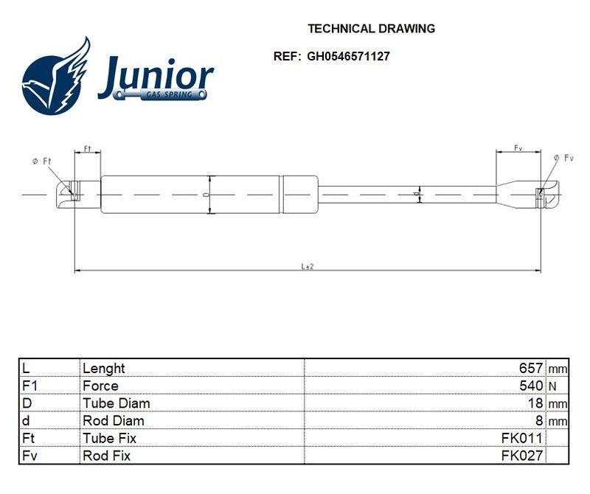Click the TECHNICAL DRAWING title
371,29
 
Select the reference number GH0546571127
348,57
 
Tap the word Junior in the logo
156,77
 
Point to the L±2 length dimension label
308,266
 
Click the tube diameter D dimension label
205,195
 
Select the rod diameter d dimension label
416,194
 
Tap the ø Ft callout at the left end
42,161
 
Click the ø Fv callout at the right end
563,158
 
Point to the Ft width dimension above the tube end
87,149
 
